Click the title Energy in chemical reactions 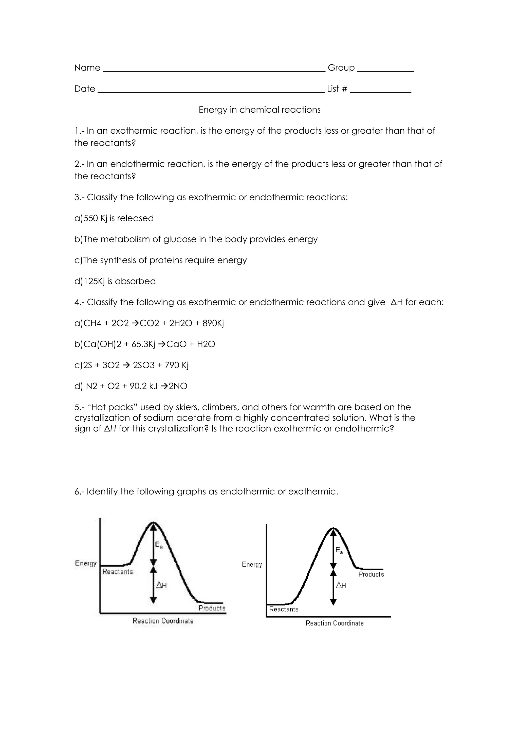click(x=259, y=110)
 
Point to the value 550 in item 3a click(x=90, y=218)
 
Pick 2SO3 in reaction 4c click(x=144, y=365)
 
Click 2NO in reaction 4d click(x=178, y=386)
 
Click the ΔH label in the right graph click(x=341, y=586)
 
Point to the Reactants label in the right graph click(x=284, y=609)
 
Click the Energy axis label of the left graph click(x=86, y=563)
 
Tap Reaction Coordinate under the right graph click(x=335, y=623)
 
